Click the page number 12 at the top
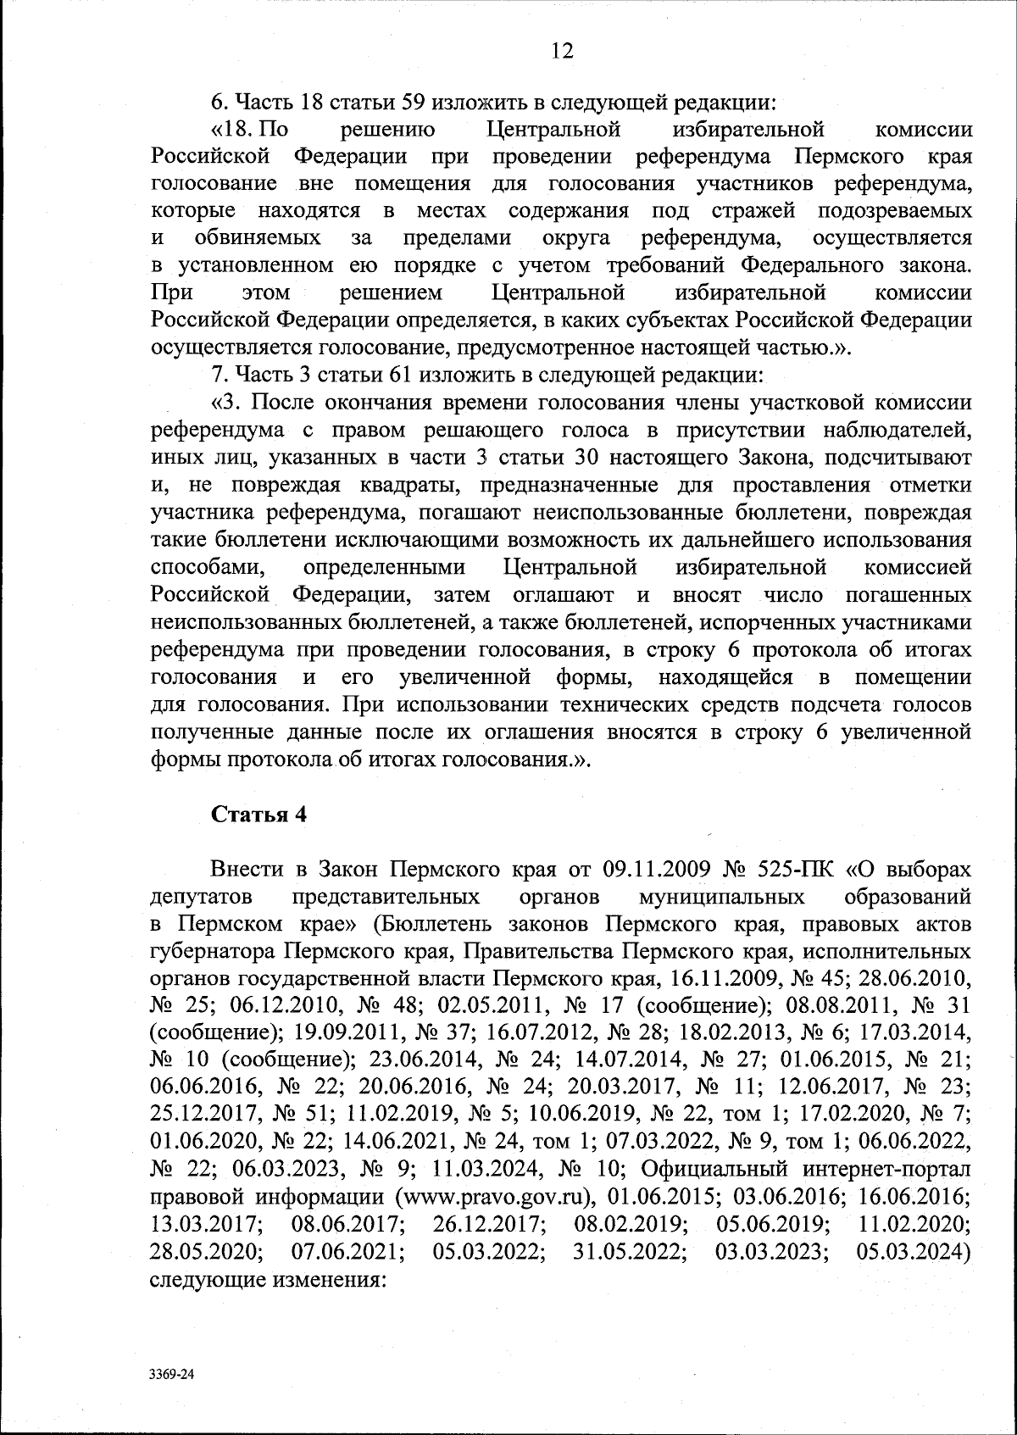point(562,51)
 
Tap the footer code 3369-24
point(172,1377)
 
